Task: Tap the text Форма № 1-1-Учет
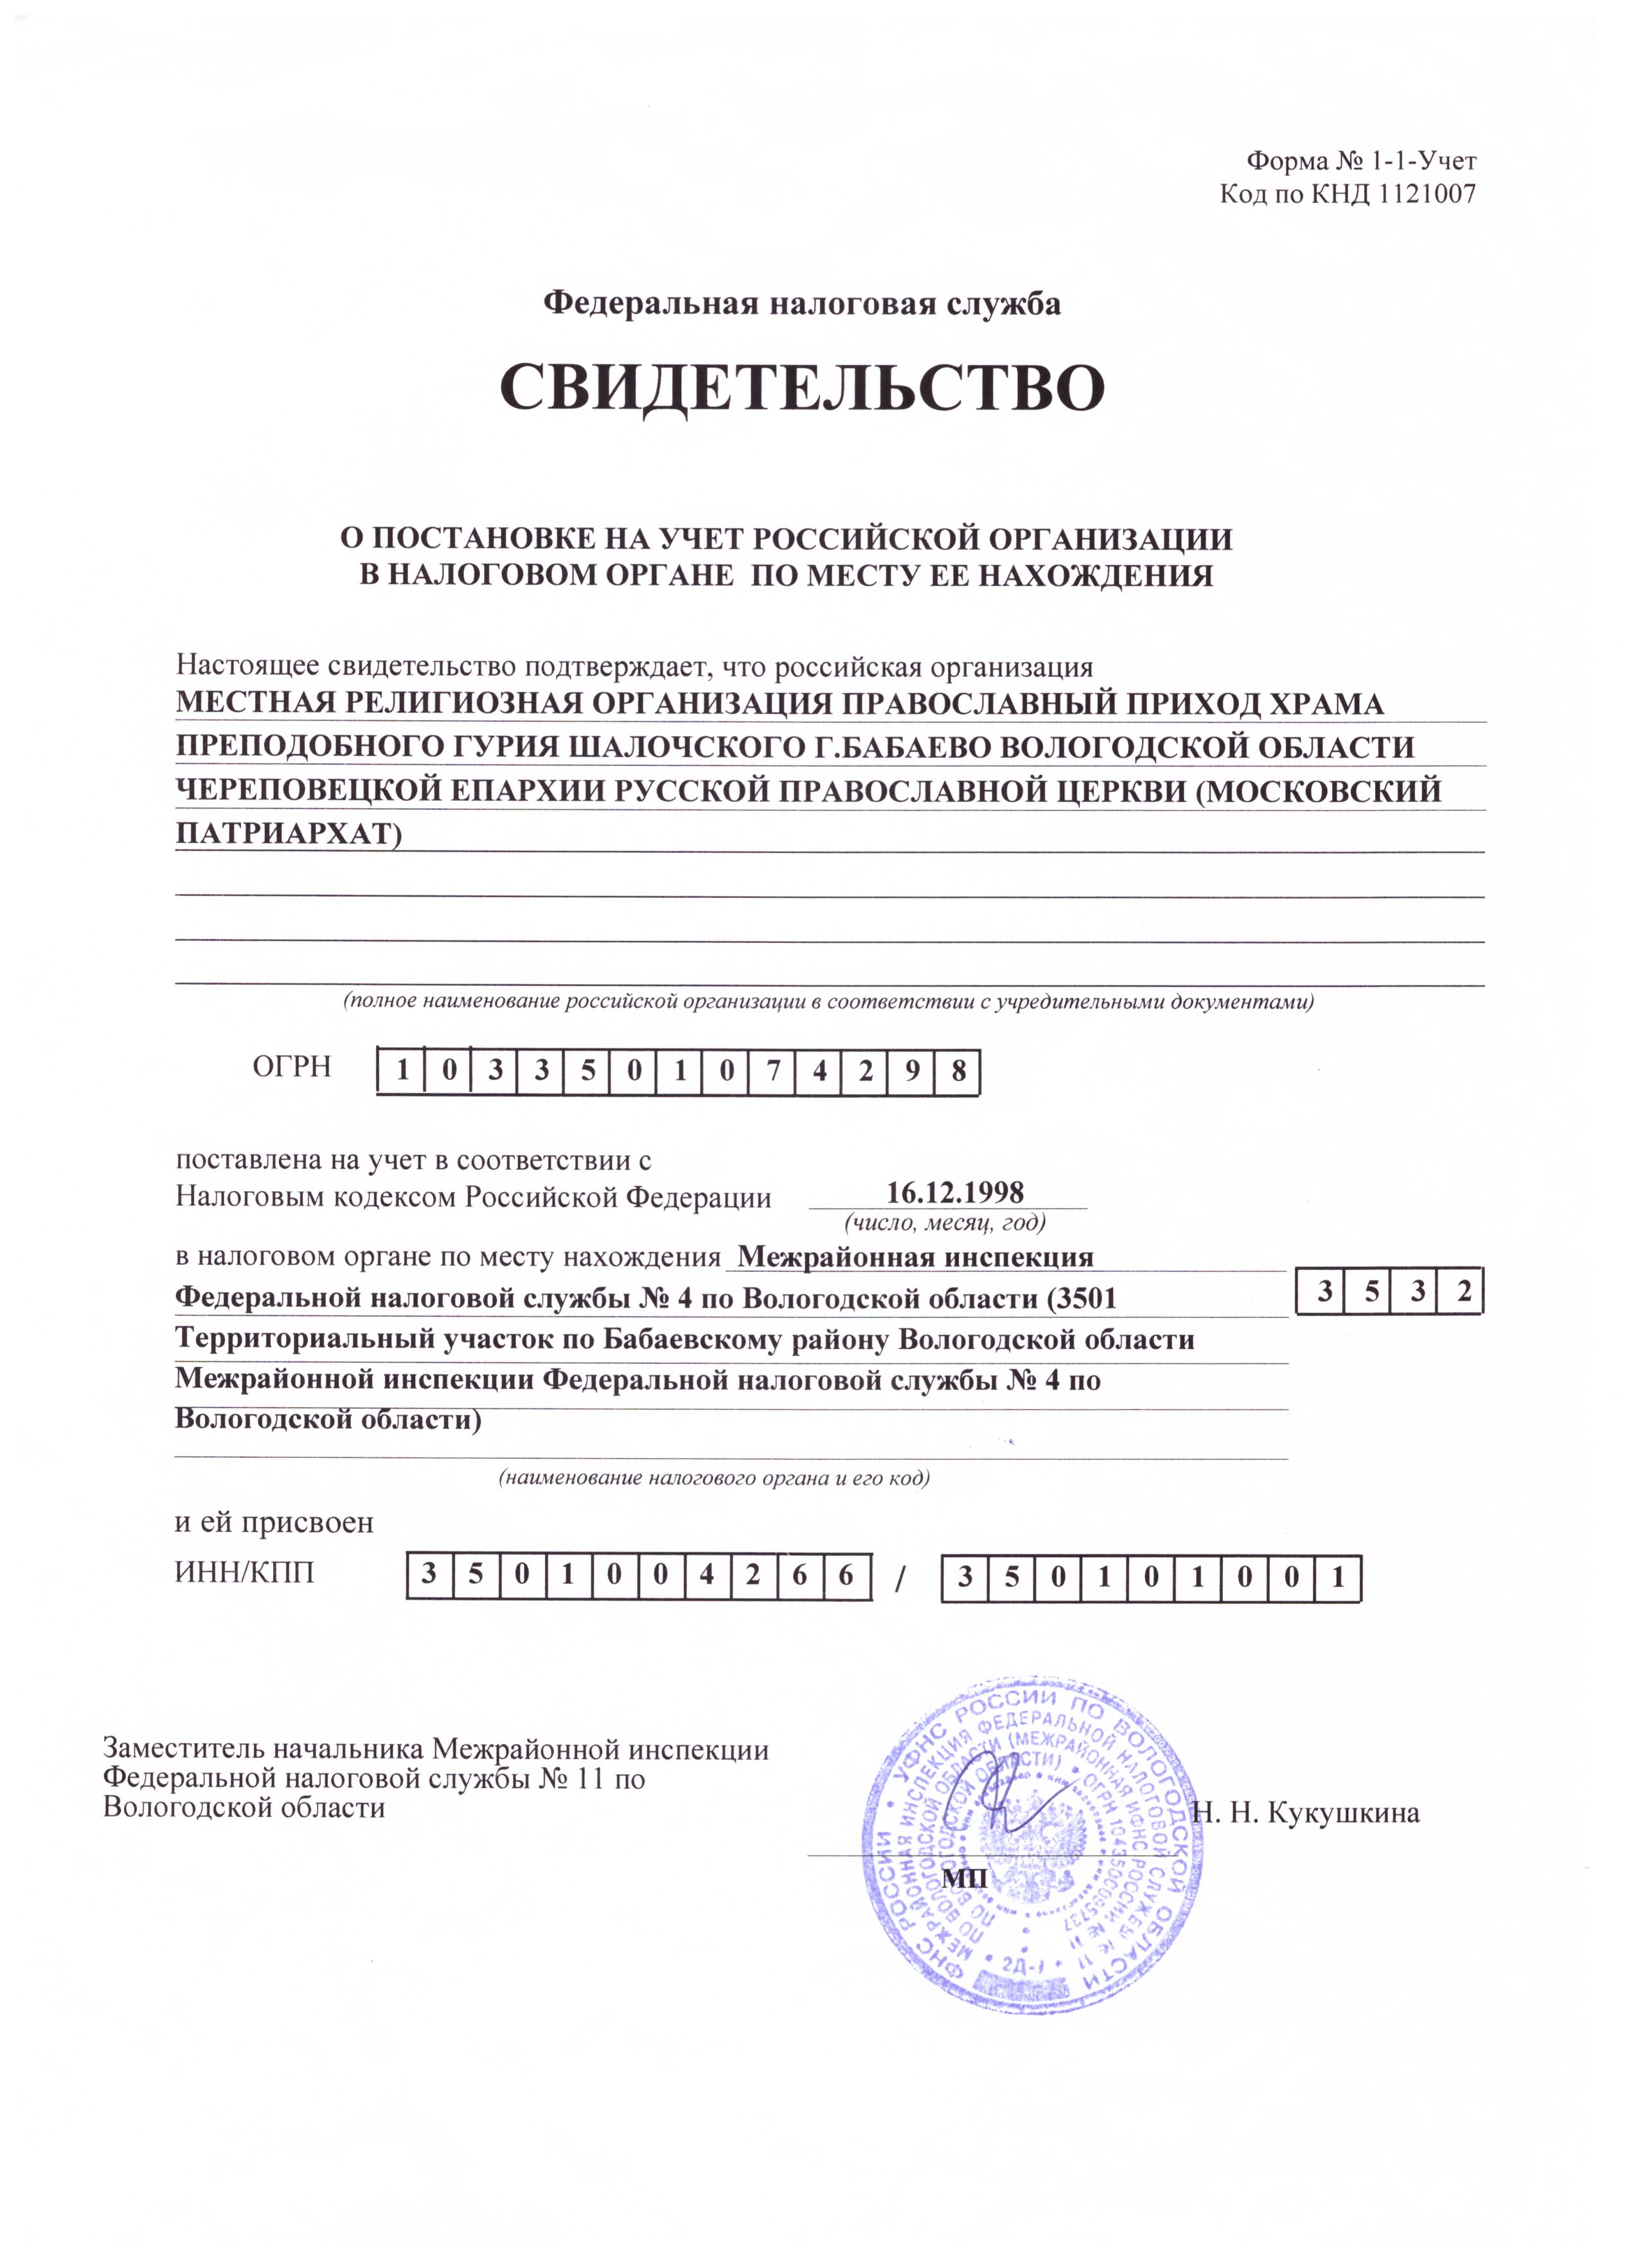[1362, 161]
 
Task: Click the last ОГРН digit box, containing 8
[957, 1071]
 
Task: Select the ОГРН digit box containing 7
[772, 1071]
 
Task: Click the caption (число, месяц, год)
[944, 1221]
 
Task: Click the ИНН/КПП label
[245, 1571]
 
